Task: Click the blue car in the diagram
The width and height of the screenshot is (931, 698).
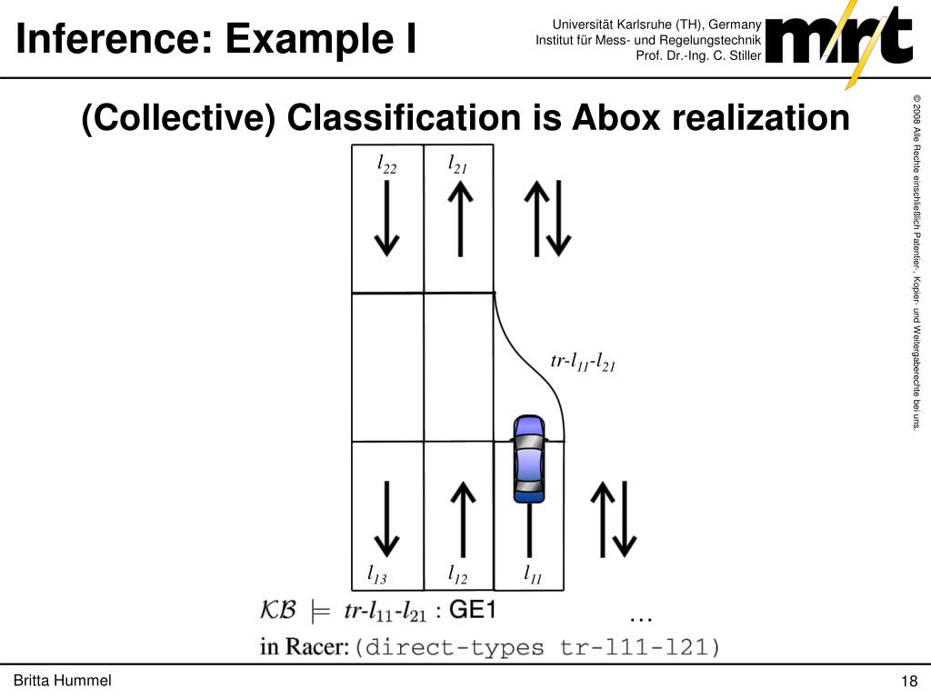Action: (x=528, y=458)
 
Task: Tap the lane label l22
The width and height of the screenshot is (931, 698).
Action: (x=387, y=165)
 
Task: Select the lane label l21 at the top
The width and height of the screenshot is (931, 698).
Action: (x=456, y=165)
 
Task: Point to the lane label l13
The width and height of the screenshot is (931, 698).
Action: (x=376, y=574)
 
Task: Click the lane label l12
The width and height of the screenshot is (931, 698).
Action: (x=456, y=574)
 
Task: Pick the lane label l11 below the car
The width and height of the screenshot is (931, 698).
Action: (x=532, y=574)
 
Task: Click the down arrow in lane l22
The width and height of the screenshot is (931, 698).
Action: (x=387, y=218)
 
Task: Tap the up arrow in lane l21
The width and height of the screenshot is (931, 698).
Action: (x=461, y=218)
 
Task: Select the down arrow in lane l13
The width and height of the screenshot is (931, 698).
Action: (x=387, y=518)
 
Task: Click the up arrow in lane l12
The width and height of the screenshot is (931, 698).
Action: (x=462, y=518)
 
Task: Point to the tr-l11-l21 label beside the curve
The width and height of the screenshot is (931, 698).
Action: (x=584, y=363)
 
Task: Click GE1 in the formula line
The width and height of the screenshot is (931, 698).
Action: (x=473, y=611)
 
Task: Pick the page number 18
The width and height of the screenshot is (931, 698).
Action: (x=908, y=683)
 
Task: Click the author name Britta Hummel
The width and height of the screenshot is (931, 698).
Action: (x=62, y=682)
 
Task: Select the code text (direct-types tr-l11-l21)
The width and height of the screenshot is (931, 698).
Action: (x=536, y=648)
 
